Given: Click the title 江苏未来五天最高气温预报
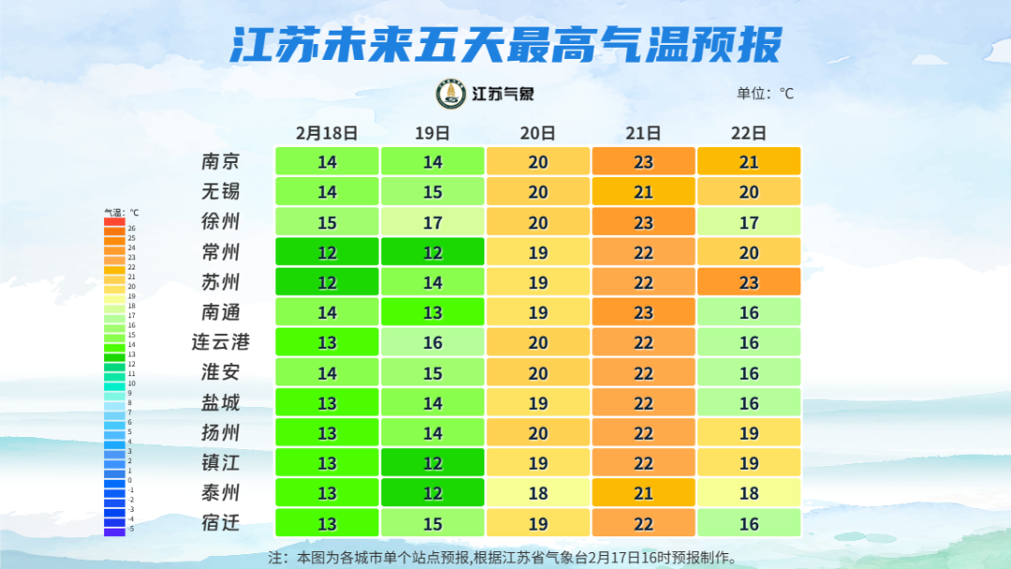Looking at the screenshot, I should (x=505, y=44).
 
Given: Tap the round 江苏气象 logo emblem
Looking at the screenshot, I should (x=451, y=94).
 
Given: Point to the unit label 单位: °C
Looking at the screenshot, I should (x=765, y=94).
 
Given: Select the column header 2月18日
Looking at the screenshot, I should (x=327, y=133).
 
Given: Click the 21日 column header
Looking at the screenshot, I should (x=643, y=133).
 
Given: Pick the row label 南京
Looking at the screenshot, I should (x=221, y=162).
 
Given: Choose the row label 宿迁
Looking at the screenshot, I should (x=221, y=522).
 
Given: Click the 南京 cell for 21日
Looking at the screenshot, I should (x=643, y=162).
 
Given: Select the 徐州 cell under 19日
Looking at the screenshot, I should (x=432, y=222).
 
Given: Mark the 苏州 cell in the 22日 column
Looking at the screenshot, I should (x=749, y=282).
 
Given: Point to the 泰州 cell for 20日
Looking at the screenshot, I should (x=538, y=492).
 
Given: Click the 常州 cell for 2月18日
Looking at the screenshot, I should (x=327, y=252).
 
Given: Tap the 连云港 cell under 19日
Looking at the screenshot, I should (x=432, y=342).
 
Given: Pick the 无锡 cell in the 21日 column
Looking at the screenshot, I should (x=643, y=192).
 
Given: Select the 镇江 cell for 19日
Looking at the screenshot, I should (x=432, y=462).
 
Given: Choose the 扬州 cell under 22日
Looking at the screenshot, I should (x=749, y=432).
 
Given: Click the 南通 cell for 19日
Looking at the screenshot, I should (x=432, y=312).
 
